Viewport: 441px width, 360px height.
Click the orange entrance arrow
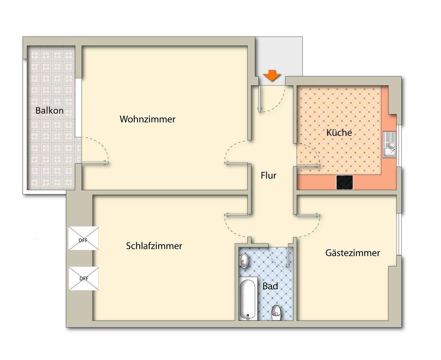pyautogui.click(x=272, y=76)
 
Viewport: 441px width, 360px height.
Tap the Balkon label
pyautogui.click(x=49, y=111)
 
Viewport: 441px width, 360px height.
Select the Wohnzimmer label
pyautogui.click(x=147, y=119)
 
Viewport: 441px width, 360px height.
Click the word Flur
pyautogui.click(x=269, y=175)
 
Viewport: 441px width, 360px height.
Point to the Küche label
pyautogui.click(x=339, y=133)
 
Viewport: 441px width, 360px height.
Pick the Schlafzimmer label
pyautogui.click(x=154, y=246)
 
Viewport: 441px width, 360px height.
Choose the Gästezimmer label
pyautogui.click(x=352, y=253)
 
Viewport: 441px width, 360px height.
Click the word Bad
pyautogui.click(x=270, y=286)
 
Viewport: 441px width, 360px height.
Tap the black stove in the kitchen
pyautogui.click(x=345, y=182)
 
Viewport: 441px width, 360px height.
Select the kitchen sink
pyautogui.click(x=389, y=144)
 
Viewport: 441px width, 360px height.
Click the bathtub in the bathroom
pyautogui.click(x=248, y=298)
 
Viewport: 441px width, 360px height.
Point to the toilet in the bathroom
pyautogui.click(x=276, y=313)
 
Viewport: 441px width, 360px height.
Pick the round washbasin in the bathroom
pyautogui.click(x=244, y=261)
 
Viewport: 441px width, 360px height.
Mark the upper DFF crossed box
pyautogui.click(x=83, y=238)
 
